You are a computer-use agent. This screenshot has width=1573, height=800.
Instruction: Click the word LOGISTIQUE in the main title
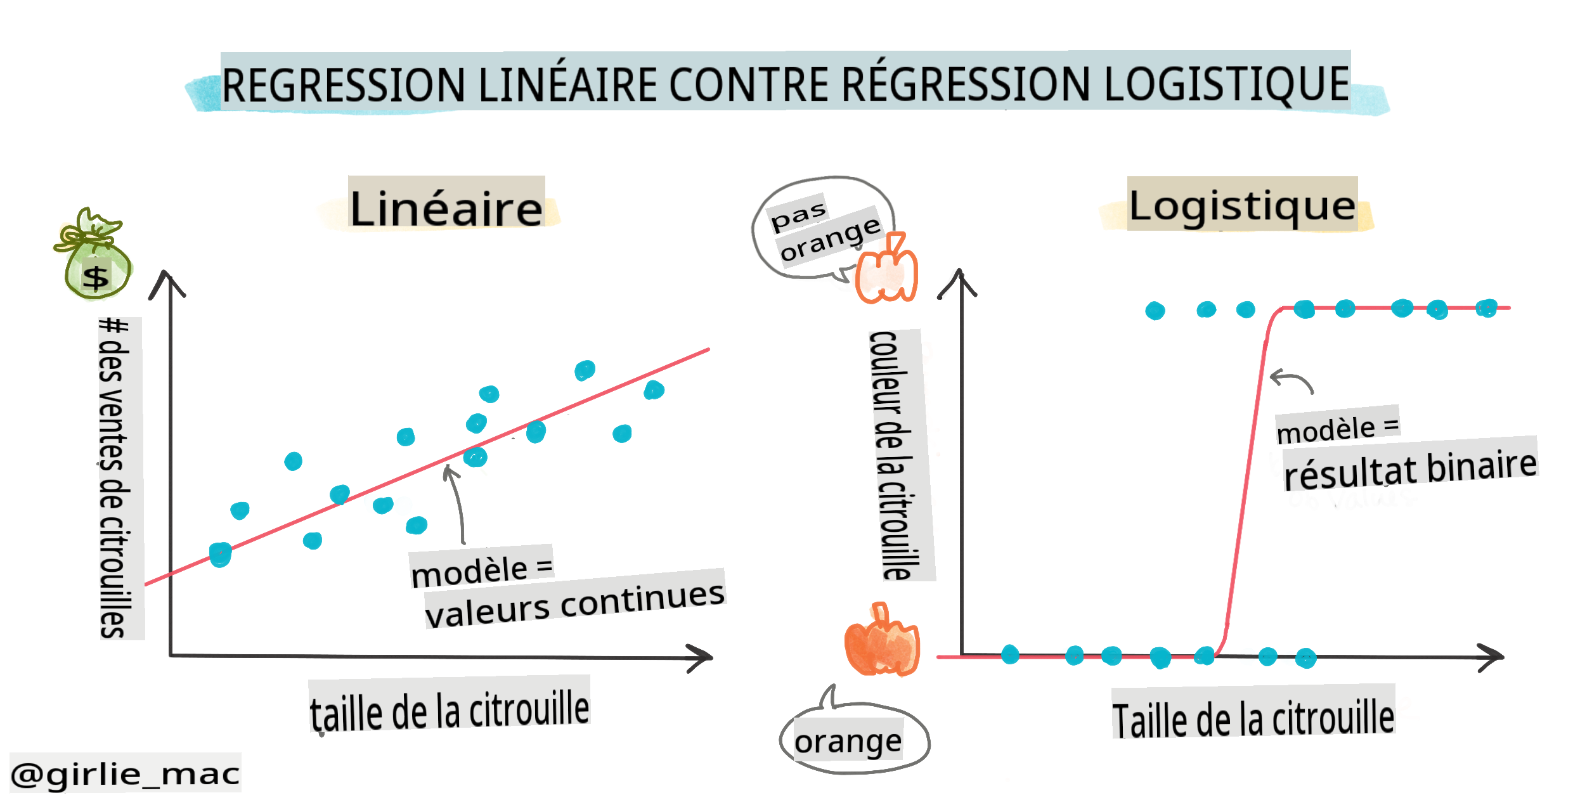[1226, 84]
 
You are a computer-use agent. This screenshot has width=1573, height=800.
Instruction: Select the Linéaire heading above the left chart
[446, 207]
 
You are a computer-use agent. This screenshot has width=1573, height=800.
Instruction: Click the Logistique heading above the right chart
[1242, 205]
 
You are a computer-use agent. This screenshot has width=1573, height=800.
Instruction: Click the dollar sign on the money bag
[96, 278]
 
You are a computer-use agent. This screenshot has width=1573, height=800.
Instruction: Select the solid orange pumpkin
[881, 642]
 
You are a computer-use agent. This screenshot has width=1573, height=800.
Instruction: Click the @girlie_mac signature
[126, 773]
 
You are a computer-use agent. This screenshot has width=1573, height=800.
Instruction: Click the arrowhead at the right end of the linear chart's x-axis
[702, 658]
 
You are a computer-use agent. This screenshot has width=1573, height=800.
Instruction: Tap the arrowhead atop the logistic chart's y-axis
[959, 281]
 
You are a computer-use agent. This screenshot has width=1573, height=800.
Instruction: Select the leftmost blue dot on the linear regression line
[220, 555]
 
